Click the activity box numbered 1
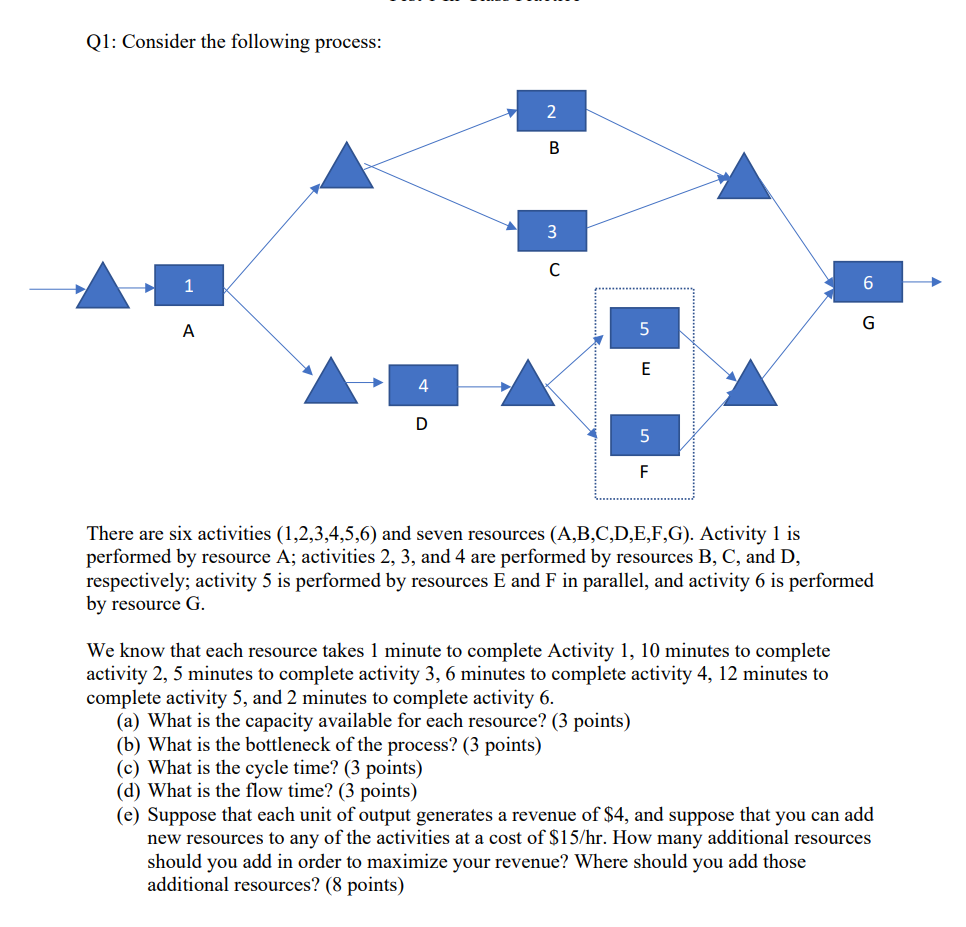click(x=189, y=286)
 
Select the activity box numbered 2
click(x=552, y=111)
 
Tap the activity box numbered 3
click(x=552, y=231)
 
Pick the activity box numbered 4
click(x=423, y=385)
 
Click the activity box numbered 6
click(x=867, y=282)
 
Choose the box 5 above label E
click(x=644, y=328)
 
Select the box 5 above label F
click(x=644, y=435)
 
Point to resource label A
click(x=188, y=332)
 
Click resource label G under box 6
click(x=867, y=323)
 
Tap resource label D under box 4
click(x=421, y=424)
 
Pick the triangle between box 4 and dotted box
click(x=527, y=385)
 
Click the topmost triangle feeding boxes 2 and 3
click(x=346, y=167)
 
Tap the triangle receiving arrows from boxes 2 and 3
click(x=744, y=179)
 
